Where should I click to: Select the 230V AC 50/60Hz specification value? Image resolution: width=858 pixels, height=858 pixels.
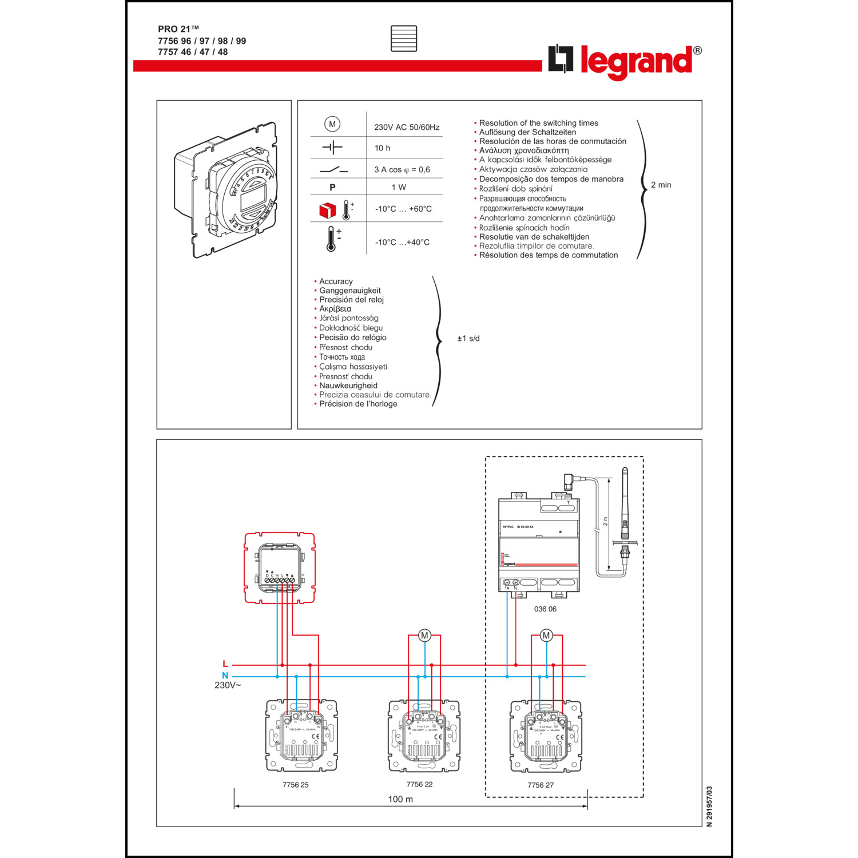407,128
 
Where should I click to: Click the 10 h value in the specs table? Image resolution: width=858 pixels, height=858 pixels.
382,148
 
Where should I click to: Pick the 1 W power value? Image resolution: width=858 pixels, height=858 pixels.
399,188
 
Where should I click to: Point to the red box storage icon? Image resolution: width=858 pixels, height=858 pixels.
327,210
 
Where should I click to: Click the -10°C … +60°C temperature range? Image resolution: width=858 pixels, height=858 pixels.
403,209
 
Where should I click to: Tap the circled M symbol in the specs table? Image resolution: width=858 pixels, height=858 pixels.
332,124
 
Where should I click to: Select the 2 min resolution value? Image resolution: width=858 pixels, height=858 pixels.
661,185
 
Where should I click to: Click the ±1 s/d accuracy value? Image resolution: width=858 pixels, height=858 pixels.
468,339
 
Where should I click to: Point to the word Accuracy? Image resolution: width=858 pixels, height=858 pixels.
336,281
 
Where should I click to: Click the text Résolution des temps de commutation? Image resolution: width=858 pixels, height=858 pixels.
548,255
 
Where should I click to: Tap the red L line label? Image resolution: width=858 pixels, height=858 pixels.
225,664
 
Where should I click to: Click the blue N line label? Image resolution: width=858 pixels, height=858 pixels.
225,676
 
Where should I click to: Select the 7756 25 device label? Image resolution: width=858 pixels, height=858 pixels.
295,785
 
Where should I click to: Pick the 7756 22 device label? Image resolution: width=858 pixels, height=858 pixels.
419,784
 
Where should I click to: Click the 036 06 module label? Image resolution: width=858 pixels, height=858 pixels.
545,609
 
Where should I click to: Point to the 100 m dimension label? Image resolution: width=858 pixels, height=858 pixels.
400,799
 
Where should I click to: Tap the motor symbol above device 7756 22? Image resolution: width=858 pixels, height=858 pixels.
424,635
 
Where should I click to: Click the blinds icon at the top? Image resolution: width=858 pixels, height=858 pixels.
404,38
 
